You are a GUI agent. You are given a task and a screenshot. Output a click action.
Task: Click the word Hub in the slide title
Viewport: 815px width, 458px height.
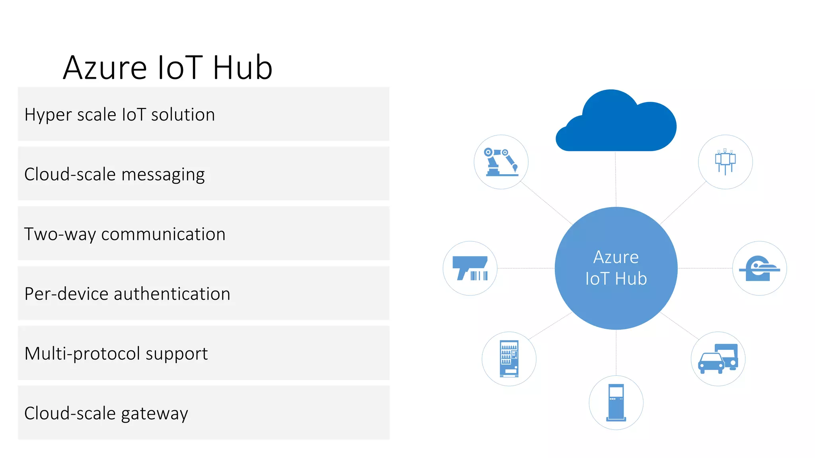[242, 68]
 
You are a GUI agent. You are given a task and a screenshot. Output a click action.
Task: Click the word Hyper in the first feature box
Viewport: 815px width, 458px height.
[48, 115]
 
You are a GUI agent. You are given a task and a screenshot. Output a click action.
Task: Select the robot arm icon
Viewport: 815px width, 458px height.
[501, 162]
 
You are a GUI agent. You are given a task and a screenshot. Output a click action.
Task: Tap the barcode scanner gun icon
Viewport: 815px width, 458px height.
[470, 268]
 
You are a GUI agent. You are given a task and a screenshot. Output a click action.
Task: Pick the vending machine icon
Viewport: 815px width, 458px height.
[509, 359]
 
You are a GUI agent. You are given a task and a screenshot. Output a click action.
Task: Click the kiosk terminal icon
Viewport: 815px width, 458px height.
[616, 402]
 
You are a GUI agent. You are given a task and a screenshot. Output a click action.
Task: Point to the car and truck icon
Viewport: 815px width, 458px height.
[718, 359]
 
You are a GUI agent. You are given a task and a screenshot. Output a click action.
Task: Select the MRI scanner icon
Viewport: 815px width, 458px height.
[759, 268]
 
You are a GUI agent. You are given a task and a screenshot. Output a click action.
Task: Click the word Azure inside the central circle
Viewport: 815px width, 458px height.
[616, 258]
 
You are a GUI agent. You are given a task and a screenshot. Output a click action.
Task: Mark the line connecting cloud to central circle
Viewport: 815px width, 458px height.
[616, 179]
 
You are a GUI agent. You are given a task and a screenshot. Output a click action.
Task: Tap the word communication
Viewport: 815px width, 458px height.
[163, 234]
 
